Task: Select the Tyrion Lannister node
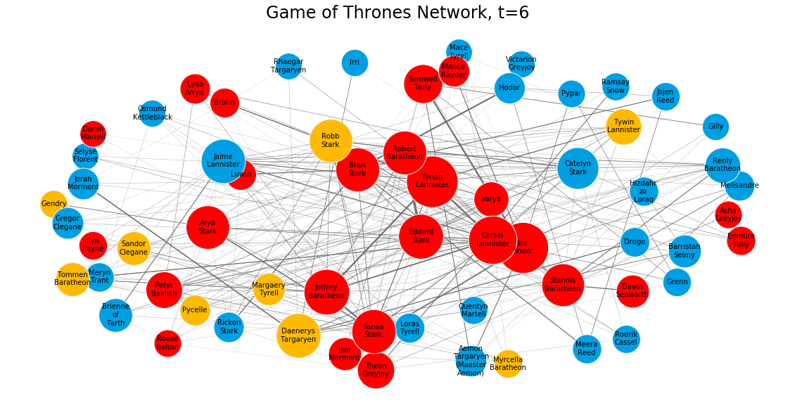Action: click(432, 181)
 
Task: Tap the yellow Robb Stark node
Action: click(331, 141)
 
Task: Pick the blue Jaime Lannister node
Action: click(223, 161)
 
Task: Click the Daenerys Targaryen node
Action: click(298, 335)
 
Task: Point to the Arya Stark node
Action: click(208, 227)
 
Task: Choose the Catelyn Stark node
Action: click(578, 167)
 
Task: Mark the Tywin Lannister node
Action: click(623, 127)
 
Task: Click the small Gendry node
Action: click(53, 204)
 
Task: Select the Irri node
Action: click(355, 63)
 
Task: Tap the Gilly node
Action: click(715, 127)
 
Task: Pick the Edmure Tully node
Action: click(741, 241)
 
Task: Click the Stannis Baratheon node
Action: click(563, 285)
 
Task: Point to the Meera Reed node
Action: click(587, 349)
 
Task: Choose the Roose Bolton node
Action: click(167, 343)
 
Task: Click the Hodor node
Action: click(509, 88)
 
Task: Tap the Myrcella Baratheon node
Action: click(508, 364)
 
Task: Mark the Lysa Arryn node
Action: click(195, 89)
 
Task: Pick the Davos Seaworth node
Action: click(632, 291)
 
